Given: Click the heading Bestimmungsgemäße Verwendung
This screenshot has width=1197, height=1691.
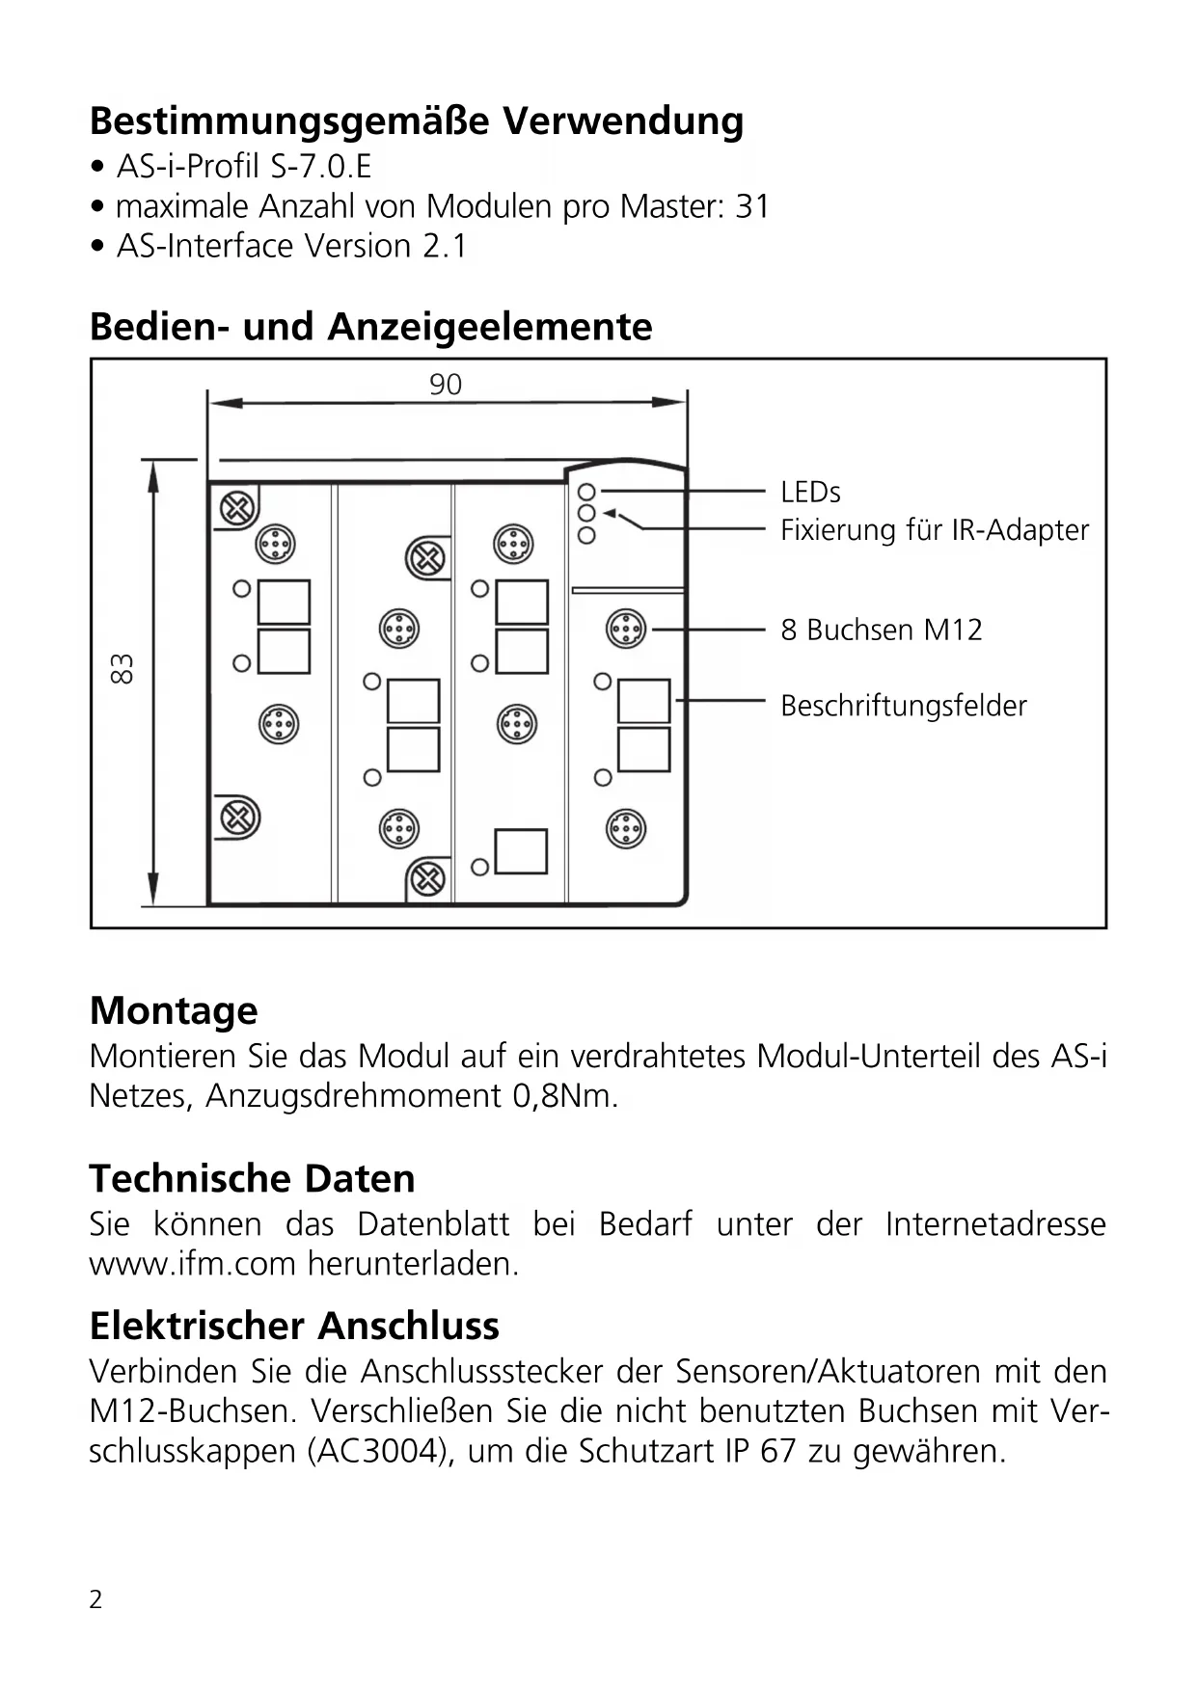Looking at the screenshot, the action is (x=416, y=121).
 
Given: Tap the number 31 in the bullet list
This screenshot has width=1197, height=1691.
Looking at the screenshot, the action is (x=752, y=206).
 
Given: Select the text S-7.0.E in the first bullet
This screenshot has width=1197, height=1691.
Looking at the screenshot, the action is (x=321, y=167).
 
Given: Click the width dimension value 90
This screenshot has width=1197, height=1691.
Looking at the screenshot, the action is (x=446, y=385).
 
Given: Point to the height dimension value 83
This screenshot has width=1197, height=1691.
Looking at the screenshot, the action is (x=122, y=668).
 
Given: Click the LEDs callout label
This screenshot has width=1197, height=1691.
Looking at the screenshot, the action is (x=810, y=493).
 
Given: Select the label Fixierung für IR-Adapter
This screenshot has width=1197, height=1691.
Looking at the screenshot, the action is (x=934, y=530).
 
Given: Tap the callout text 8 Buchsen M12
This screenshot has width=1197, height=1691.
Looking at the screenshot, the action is (x=881, y=631).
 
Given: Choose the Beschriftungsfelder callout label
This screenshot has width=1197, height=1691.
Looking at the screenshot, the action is (x=903, y=706).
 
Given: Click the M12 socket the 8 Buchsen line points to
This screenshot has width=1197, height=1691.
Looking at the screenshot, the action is (x=626, y=630).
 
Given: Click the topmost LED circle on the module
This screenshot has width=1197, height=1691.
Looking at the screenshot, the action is (x=586, y=492).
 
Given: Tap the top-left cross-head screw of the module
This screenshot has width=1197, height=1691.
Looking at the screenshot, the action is (x=238, y=507).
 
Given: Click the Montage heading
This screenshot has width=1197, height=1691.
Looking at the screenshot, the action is (x=174, y=1010).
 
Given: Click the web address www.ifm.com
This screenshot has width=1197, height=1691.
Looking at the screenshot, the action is (x=192, y=1263).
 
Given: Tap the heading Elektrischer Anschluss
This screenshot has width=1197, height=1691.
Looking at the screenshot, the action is (x=294, y=1326).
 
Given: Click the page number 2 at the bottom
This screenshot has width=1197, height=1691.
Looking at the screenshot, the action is (x=95, y=1599).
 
